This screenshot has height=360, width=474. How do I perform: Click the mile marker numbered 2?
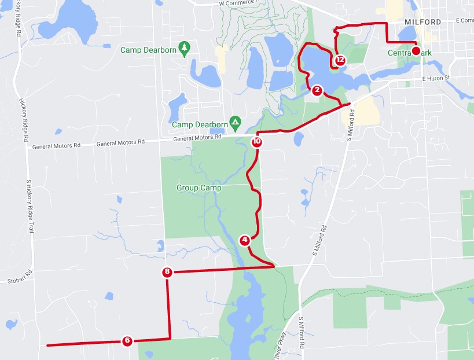[317, 90]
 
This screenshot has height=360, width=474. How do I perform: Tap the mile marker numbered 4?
[245, 240]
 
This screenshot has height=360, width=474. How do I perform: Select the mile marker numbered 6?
[127, 341]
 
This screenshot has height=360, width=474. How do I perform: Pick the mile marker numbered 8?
[167, 272]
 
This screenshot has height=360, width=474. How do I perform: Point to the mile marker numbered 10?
[257, 141]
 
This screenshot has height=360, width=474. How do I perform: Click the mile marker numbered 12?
[340, 60]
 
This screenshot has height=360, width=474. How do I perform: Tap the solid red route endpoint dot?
[416, 52]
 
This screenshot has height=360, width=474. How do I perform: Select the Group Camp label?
[199, 188]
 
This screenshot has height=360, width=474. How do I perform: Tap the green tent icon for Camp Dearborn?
[235, 122]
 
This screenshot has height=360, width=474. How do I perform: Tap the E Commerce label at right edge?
[464, 20]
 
